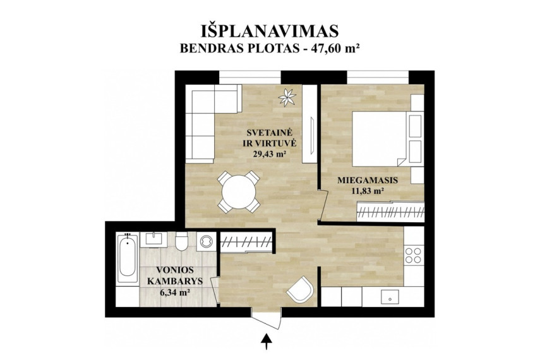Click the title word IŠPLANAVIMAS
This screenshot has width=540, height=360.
point(270,30)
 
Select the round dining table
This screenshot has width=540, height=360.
point(239,191)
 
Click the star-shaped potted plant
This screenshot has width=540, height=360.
point(287,97)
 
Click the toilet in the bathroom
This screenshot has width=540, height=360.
point(181,241)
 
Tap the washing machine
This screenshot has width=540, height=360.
point(207,241)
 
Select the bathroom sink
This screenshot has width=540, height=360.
point(153,239)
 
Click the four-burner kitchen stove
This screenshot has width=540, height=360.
point(413,255)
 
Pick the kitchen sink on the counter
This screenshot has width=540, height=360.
point(390,297)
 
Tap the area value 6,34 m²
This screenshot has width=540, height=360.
point(176,293)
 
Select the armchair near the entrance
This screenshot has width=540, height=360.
point(300,289)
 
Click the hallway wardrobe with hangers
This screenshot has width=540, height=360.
point(246,241)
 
